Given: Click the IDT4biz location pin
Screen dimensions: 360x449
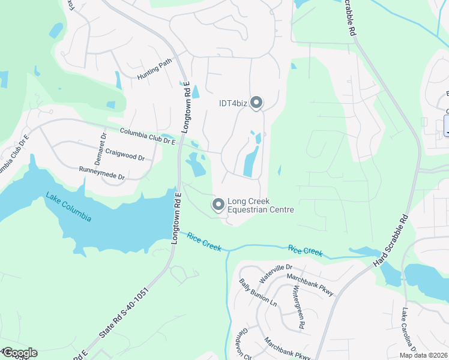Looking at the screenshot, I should coord(257,103).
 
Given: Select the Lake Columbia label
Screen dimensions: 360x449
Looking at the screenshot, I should coord(68,206).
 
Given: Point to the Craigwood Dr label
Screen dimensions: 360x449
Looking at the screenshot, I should coord(125,154).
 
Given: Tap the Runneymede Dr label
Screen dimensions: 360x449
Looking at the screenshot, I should coord(101,174).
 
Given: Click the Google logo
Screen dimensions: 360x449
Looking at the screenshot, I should coord(19,353).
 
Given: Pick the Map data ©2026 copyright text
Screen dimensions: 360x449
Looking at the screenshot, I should coord(423,355).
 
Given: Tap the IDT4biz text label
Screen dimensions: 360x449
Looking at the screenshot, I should coord(233,103).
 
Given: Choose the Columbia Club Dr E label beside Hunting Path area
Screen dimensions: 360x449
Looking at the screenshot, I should coord(147,136).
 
